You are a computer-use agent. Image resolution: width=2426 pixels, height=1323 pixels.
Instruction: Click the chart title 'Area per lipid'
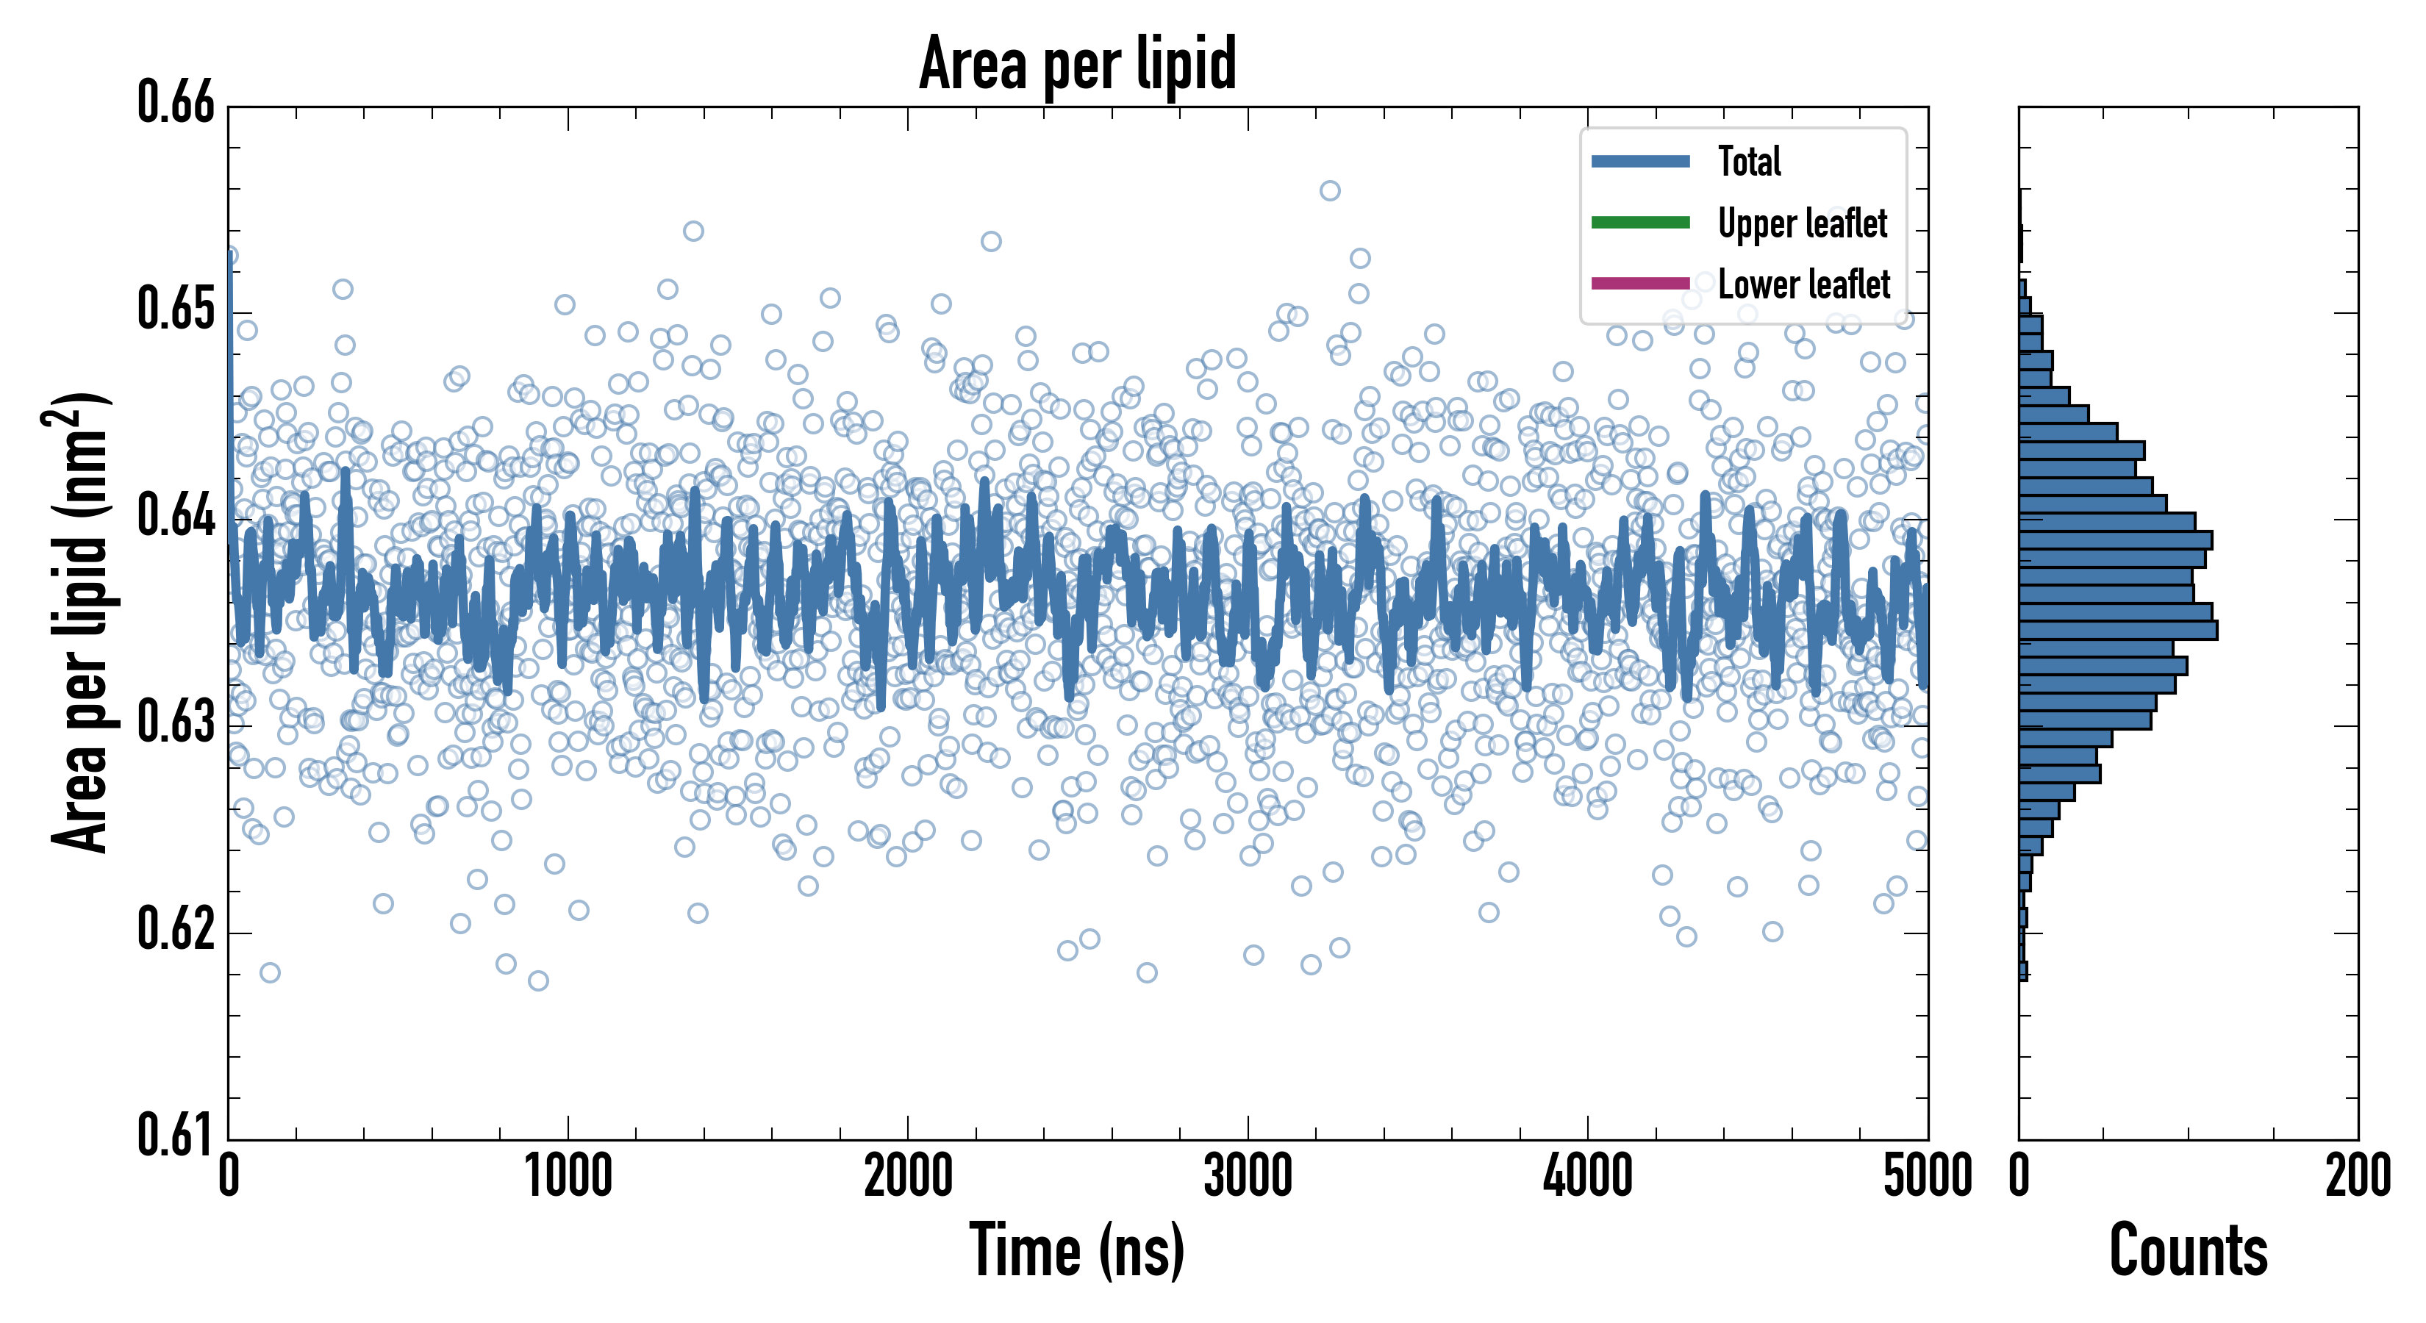point(1078,63)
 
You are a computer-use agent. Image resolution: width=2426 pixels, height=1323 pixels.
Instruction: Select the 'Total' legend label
point(1749,161)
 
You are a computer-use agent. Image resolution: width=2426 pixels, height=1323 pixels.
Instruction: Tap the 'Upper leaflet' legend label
point(1802,223)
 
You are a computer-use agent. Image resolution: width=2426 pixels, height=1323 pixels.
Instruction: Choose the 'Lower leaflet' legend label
point(1803,284)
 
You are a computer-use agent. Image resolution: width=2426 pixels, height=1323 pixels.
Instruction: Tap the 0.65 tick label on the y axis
point(176,309)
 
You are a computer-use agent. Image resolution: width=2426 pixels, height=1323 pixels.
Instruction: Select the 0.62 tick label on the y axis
point(176,929)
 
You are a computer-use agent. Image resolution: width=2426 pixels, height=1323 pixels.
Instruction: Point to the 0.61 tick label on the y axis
point(176,1135)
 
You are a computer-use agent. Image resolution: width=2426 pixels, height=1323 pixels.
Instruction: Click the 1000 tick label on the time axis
point(568,1177)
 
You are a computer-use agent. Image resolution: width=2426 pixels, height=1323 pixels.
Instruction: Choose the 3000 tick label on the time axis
point(1248,1177)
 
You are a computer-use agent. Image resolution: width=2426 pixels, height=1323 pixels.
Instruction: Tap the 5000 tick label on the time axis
point(1927,1177)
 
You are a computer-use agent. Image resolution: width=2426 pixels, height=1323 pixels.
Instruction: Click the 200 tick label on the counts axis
point(2357,1177)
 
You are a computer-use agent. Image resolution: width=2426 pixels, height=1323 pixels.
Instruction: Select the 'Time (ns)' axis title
point(1078,1250)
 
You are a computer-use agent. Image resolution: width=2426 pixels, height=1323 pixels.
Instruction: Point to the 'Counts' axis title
point(2188,1250)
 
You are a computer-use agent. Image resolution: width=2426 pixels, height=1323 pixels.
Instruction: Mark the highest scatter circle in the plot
point(1330,191)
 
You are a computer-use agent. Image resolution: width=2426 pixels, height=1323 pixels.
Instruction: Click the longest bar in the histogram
point(2118,630)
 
